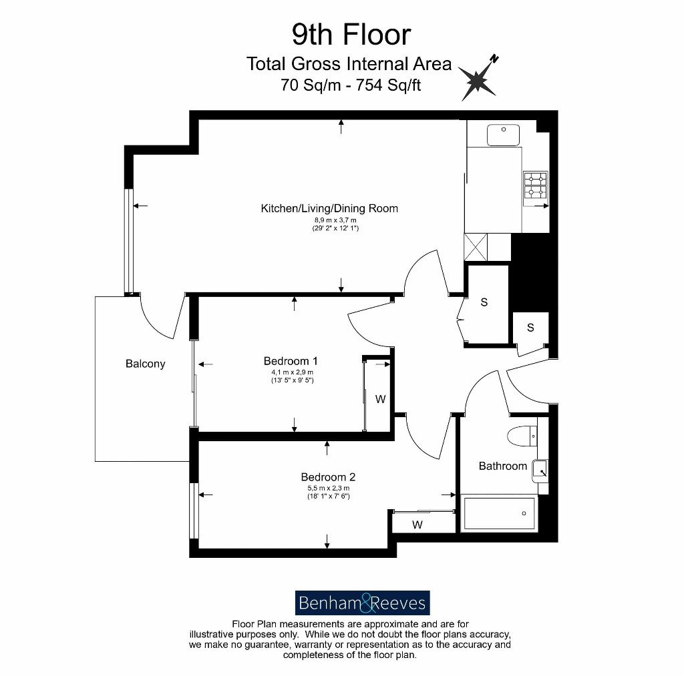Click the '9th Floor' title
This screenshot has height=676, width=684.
pyautogui.click(x=351, y=35)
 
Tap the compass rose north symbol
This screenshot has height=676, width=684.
pyautogui.click(x=478, y=79)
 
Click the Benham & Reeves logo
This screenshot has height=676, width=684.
pyautogui.click(x=363, y=603)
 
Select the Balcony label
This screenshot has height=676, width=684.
pyautogui.click(x=145, y=364)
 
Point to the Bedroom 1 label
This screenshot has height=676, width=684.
pyautogui.click(x=291, y=361)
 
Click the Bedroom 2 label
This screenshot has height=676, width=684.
pyautogui.click(x=328, y=477)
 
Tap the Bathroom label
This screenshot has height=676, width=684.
pyautogui.click(x=502, y=466)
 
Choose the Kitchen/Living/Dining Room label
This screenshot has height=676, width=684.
pyautogui.click(x=329, y=208)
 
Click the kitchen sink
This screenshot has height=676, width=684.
pyautogui.click(x=504, y=135)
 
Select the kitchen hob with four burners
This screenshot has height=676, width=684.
pyautogui.click(x=535, y=186)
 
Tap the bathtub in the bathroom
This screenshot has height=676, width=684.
pyautogui.click(x=500, y=513)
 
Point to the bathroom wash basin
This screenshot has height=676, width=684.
pyautogui.click(x=540, y=470)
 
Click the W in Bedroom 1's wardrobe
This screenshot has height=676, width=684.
pyautogui.click(x=380, y=399)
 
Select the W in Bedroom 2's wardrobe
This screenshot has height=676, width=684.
pyautogui.click(x=417, y=525)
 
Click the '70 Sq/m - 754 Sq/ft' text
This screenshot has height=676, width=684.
pyautogui.click(x=351, y=85)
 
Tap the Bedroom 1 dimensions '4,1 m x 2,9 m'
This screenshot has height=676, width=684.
pyautogui.click(x=293, y=372)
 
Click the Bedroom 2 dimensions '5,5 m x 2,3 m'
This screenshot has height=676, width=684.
pyautogui.click(x=329, y=488)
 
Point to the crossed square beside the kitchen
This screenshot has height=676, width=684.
pyautogui.click(x=476, y=247)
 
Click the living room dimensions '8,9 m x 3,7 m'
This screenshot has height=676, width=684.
pyautogui.click(x=335, y=220)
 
